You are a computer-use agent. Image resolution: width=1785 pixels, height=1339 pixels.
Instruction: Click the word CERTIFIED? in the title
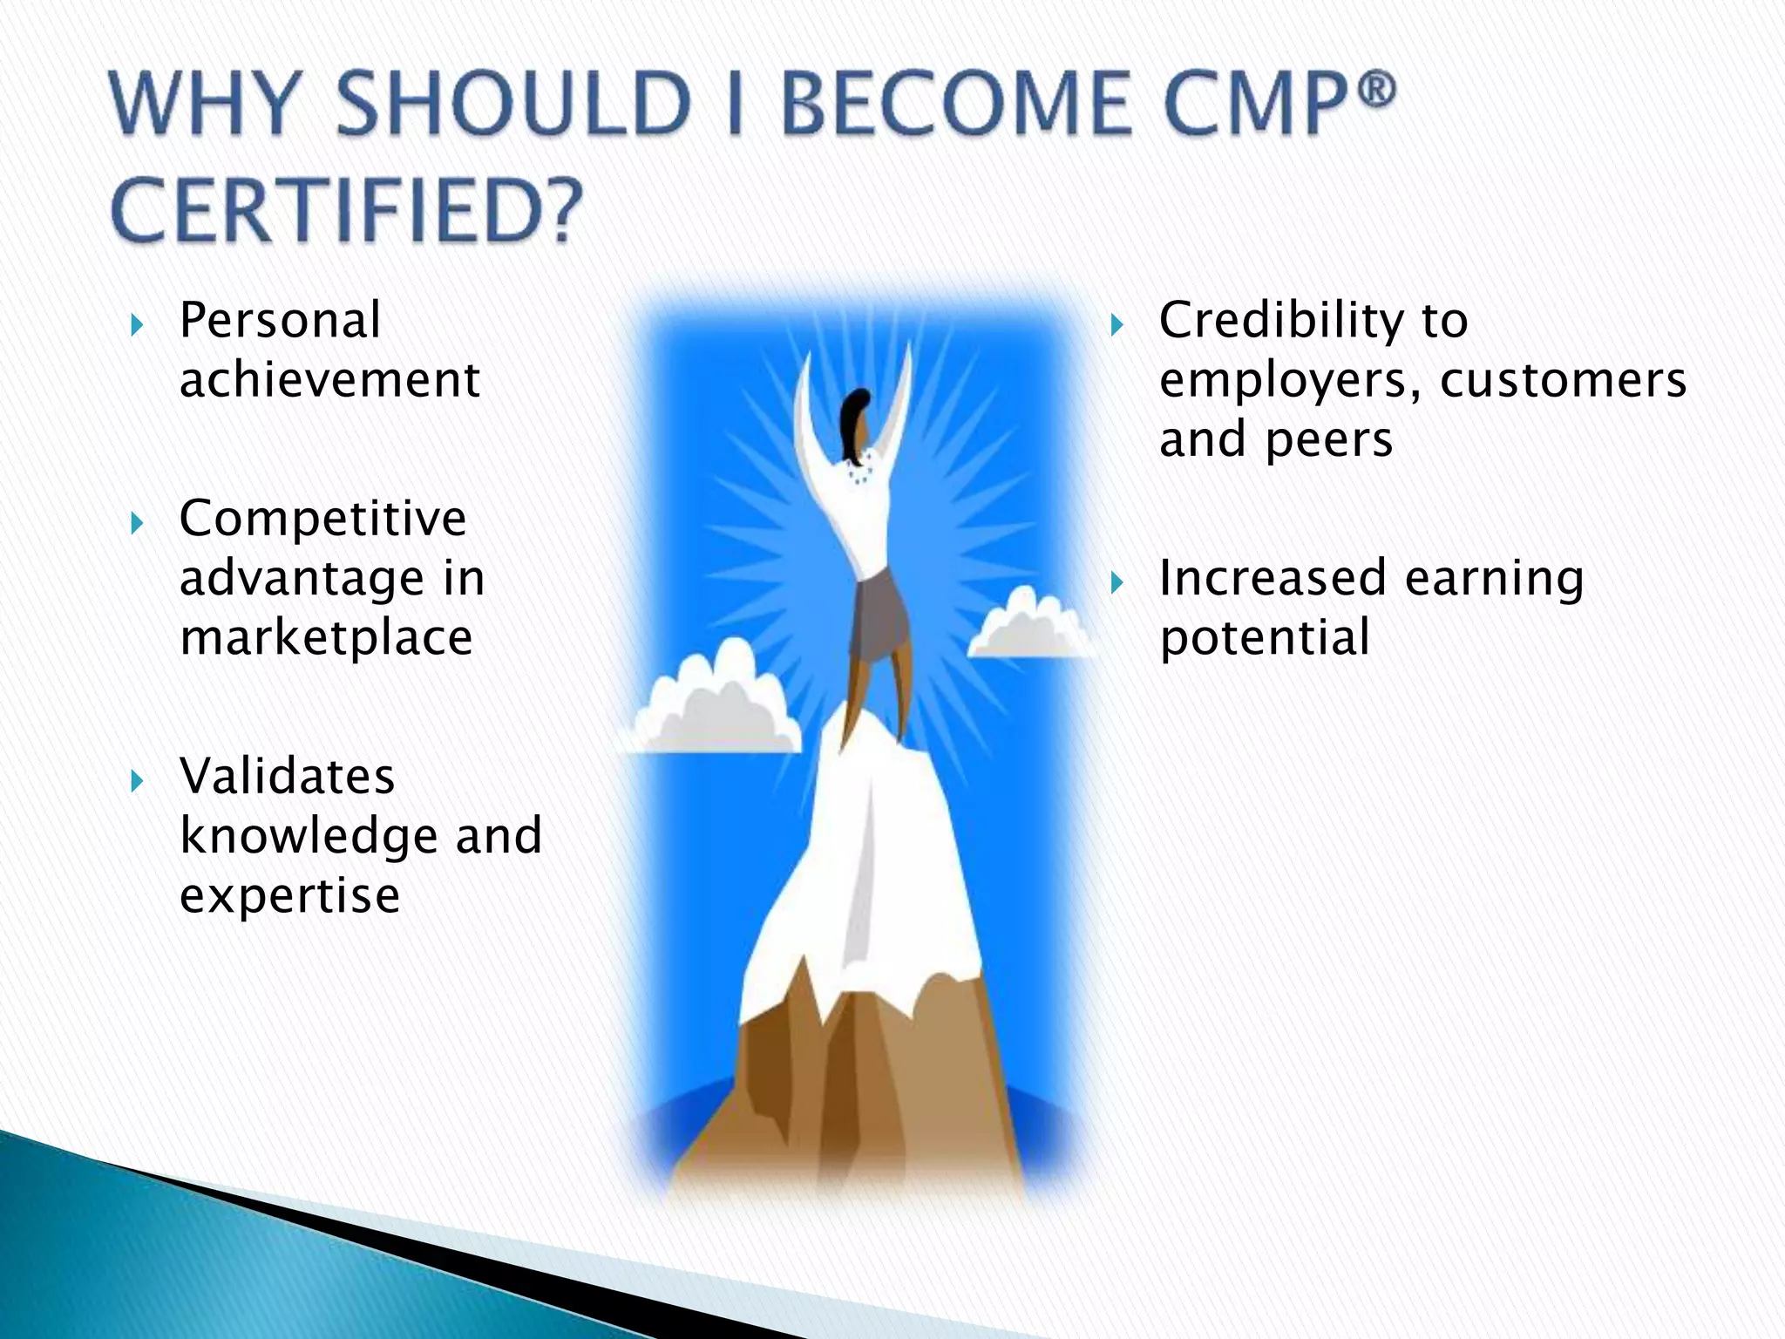347,213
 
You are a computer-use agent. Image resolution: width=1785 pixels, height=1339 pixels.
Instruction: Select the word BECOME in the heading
954,105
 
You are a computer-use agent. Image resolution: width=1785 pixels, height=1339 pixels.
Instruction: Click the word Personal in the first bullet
280,321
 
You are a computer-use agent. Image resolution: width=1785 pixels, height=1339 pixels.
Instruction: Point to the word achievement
329,380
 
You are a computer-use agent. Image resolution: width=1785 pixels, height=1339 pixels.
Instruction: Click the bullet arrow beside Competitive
136,524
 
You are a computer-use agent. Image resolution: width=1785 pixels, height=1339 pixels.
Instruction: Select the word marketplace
326,638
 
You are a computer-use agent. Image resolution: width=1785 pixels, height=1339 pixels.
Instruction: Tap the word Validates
287,777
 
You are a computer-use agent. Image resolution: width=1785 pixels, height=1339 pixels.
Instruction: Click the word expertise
289,896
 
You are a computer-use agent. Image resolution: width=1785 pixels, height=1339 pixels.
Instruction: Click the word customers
1563,380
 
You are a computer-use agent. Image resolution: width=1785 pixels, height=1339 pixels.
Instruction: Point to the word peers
1328,439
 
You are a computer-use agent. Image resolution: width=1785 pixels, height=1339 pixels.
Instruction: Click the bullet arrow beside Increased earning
1117,583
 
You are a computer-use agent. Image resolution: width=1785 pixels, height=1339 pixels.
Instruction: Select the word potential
1264,638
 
